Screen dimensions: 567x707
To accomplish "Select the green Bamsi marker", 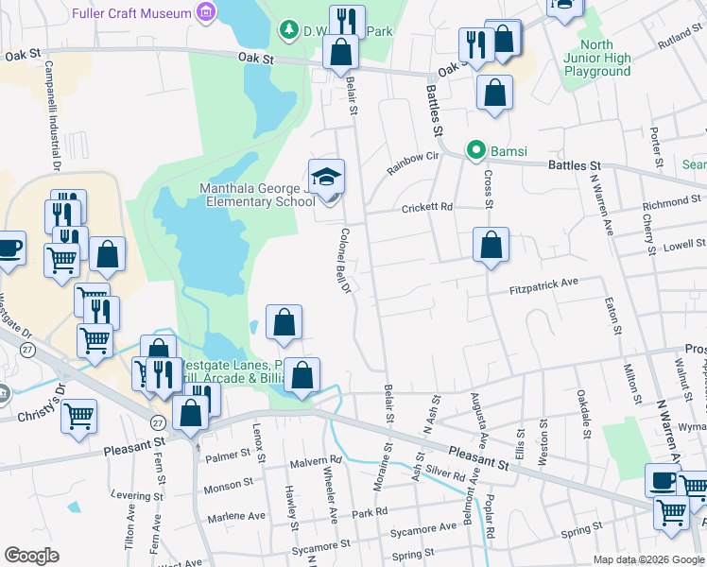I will [x=478, y=150].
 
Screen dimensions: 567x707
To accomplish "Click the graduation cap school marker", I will [x=326, y=176].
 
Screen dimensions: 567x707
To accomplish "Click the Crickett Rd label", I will [x=427, y=208].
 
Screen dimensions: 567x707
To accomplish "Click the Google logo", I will [x=32, y=556].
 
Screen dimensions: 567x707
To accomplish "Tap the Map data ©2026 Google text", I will [x=648, y=559].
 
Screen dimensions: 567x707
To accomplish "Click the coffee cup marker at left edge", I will [x=9, y=249].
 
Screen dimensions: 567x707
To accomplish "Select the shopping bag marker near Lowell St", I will [x=491, y=246].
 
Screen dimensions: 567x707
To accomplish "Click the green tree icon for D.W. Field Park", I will [x=289, y=30].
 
